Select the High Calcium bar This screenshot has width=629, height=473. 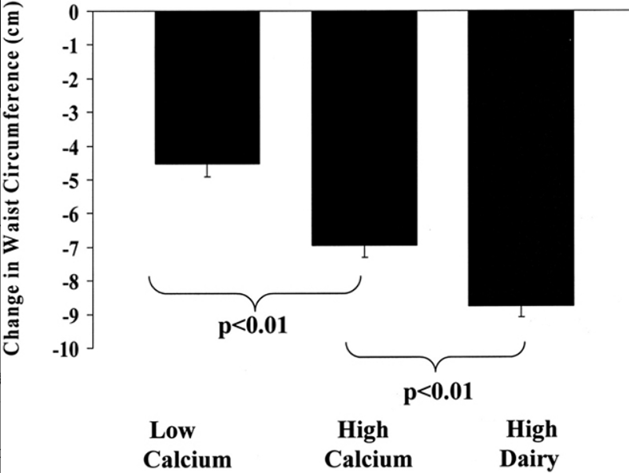click(364, 129)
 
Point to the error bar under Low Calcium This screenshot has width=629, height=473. click(207, 171)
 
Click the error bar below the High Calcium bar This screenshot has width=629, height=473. click(364, 252)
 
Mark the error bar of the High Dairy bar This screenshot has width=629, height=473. click(521, 311)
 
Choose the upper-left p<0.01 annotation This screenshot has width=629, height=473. click(252, 323)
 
